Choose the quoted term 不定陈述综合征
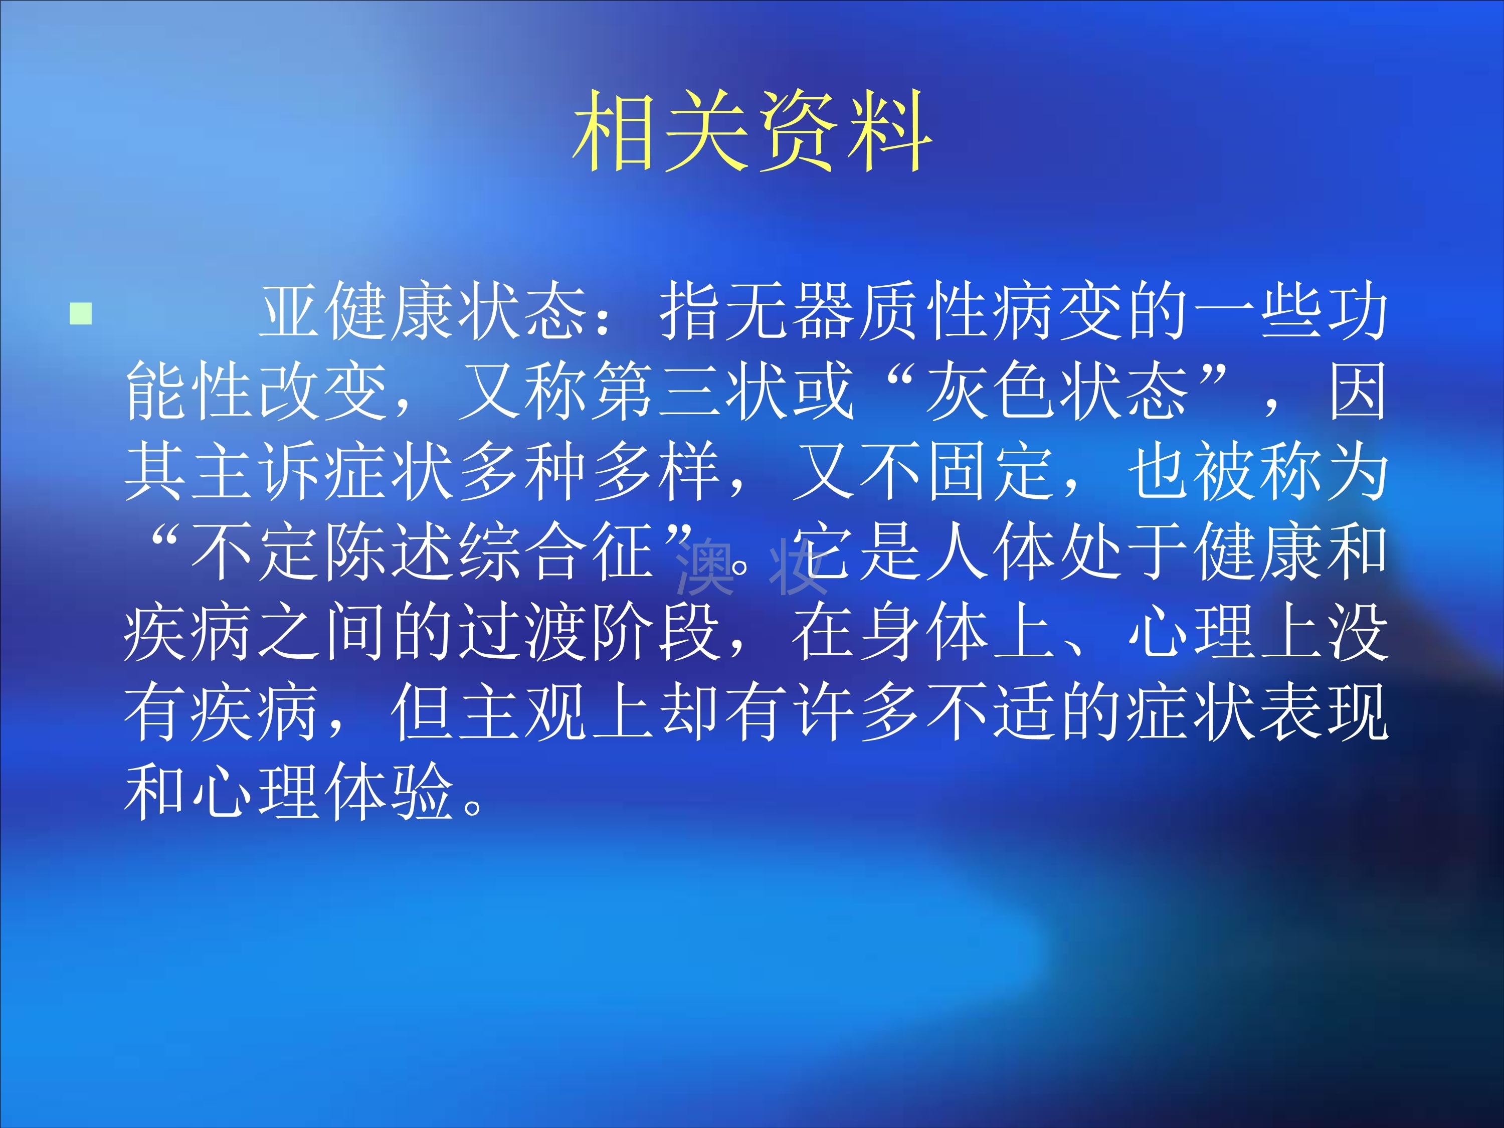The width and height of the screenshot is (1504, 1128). (422, 551)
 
